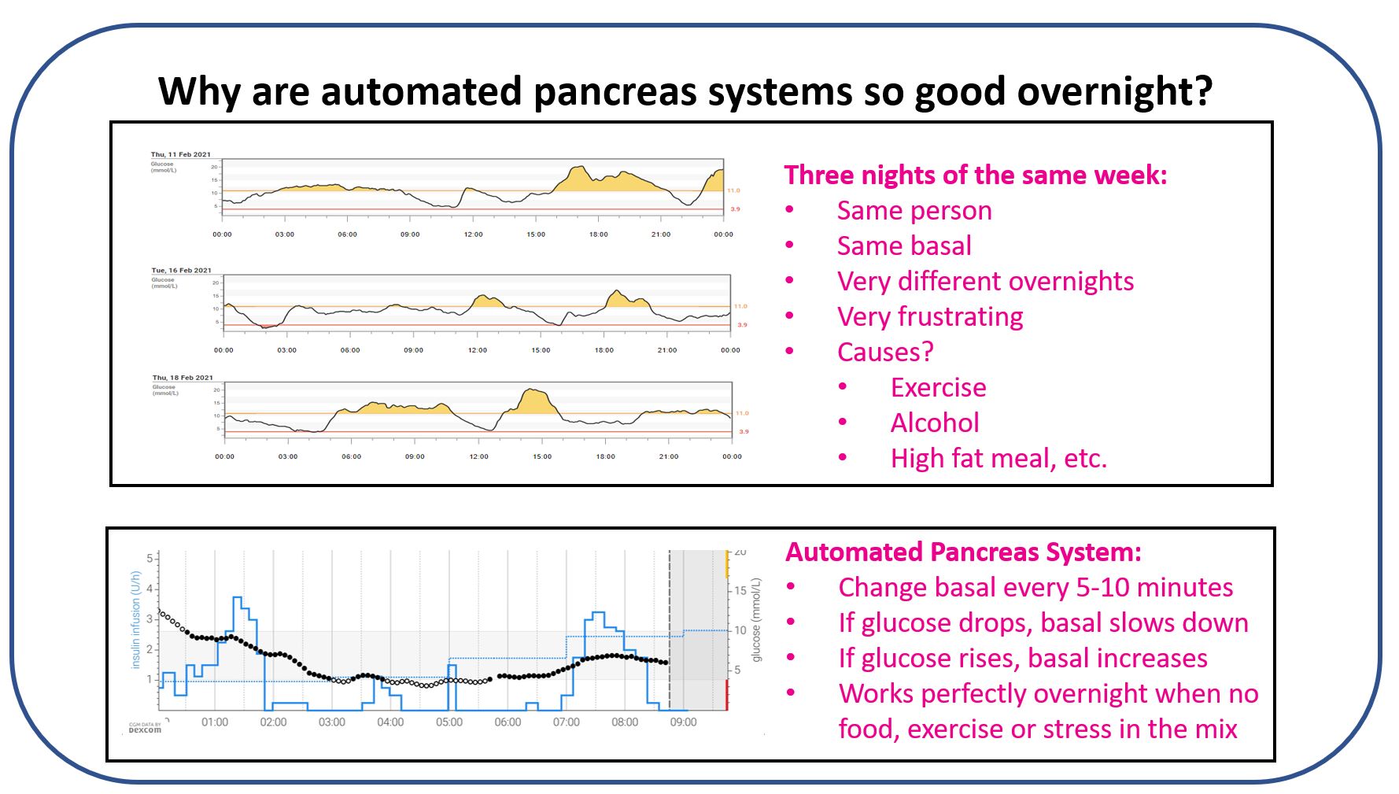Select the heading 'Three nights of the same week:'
click(975, 175)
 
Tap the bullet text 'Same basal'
click(903, 246)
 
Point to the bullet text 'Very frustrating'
click(929, 316)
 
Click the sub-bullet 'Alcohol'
click(934, 423)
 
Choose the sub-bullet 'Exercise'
click(938, 387)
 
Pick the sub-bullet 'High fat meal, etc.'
click(998, 458)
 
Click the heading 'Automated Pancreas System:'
click(962, 552)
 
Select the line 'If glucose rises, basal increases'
click(1022, 658)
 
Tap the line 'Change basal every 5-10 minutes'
click(1035, 587)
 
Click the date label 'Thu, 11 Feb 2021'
click(180, 154)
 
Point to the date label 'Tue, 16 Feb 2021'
click(181, 270)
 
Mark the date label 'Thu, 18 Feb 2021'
click(182, 378)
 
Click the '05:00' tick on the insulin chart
click(449, 722)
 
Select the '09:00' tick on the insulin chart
click(683, 722)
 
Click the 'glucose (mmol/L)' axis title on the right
click(757, 620)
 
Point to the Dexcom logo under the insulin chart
click(145, 729)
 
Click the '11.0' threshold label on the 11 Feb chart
click(733, 190)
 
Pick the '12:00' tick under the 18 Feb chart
click(478, 456)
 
